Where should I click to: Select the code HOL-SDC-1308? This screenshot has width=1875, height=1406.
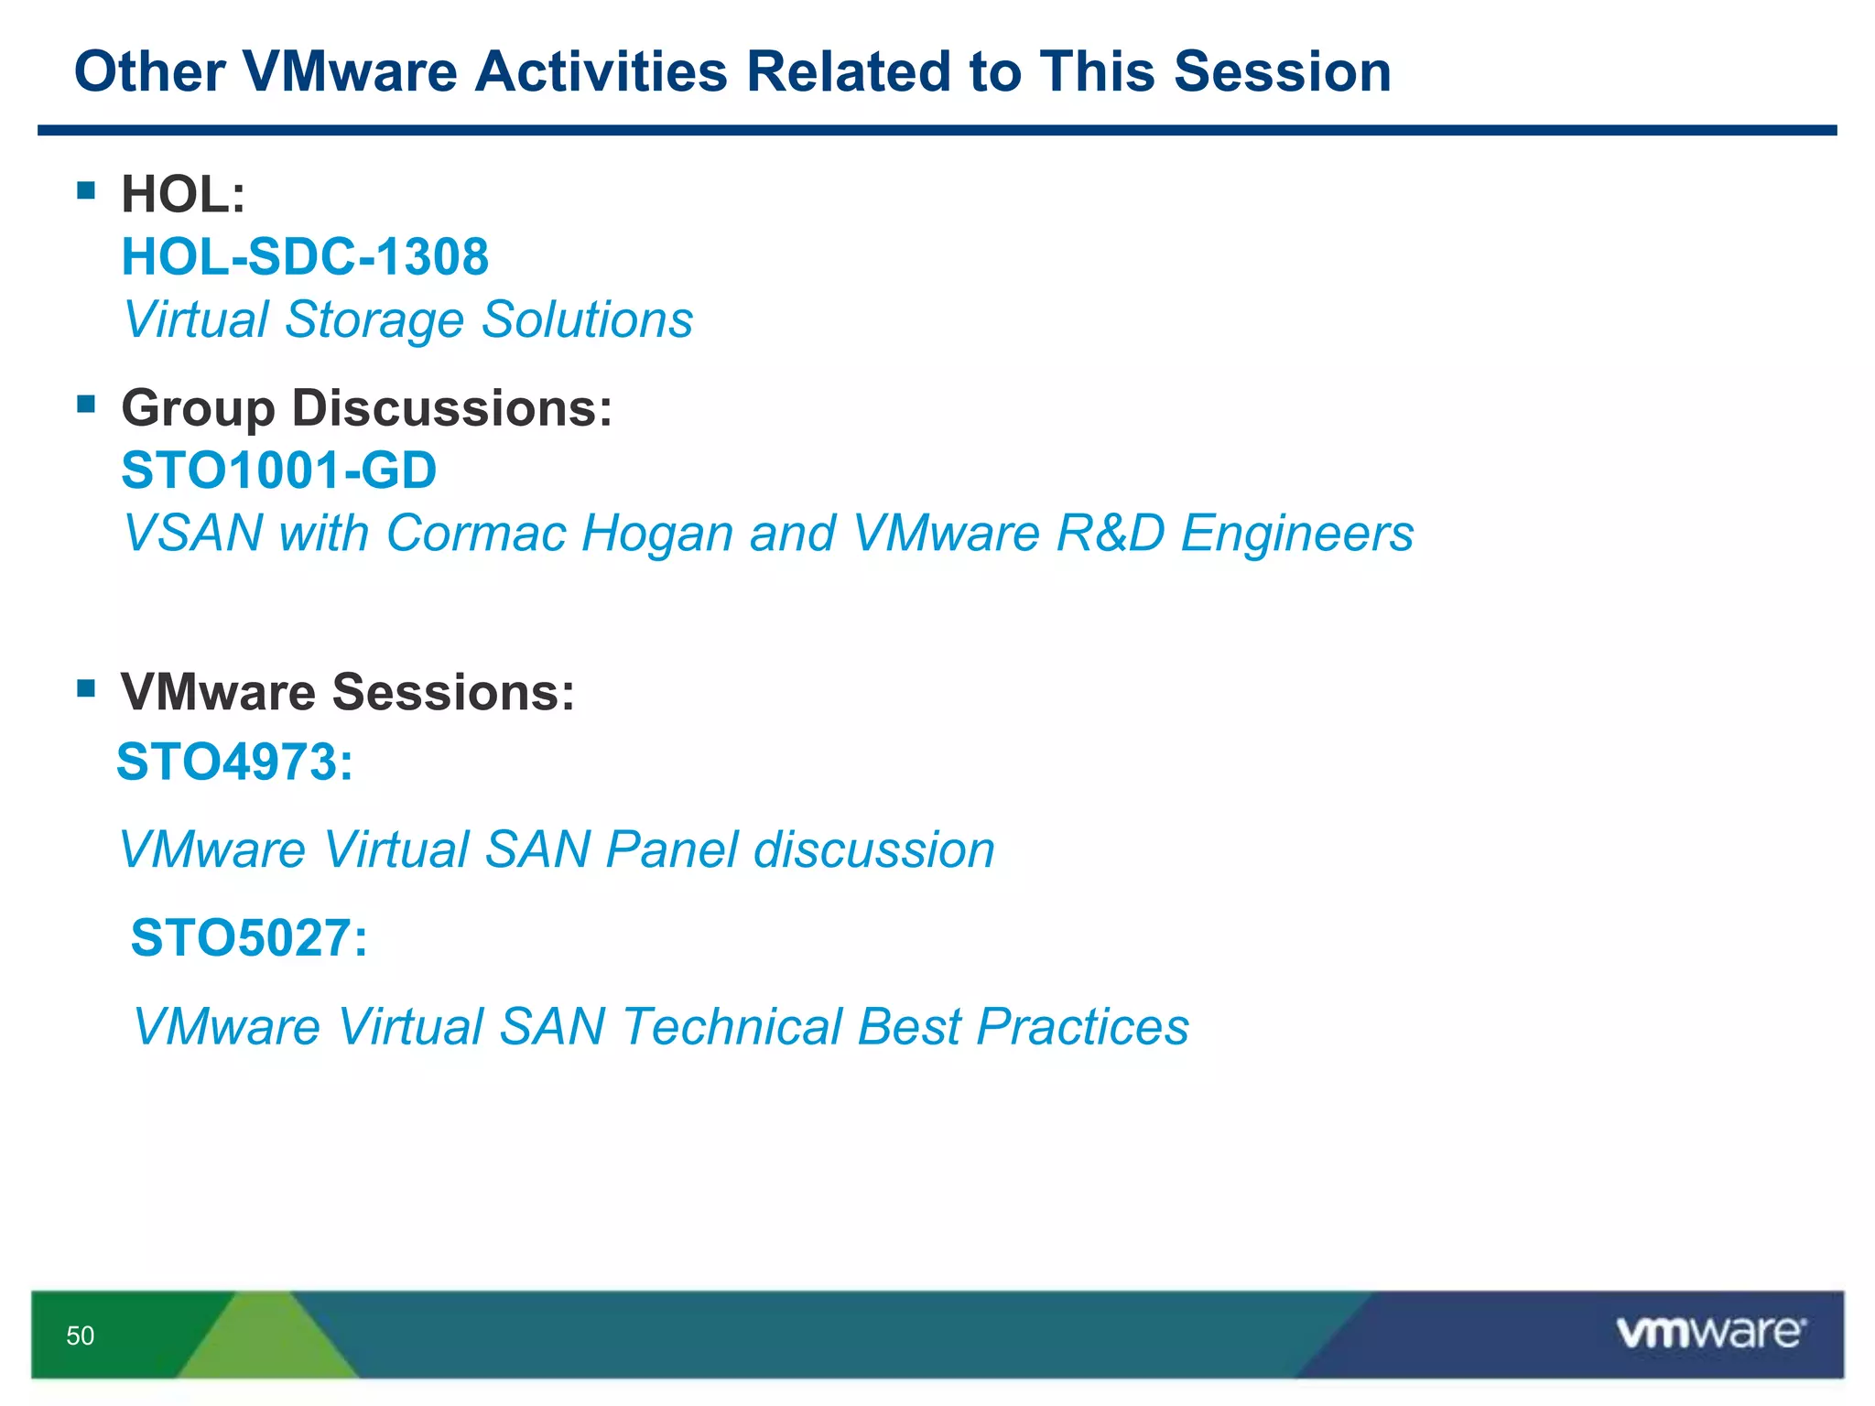pos(305,256)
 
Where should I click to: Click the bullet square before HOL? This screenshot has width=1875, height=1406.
pos(87,190)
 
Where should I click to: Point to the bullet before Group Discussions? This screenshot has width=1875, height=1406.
pos(87,404)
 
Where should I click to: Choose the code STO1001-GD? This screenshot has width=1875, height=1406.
pos(279,470)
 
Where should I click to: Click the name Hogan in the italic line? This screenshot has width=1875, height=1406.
pos(656,533)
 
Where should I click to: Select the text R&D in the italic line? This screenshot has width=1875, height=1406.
pos(1110,533)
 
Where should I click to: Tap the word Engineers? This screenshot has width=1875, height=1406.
pos(1296,533)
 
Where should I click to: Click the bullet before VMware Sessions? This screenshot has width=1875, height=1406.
pos(87,687)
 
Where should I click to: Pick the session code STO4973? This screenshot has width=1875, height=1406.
pos(234,762)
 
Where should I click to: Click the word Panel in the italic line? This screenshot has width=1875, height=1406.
pos(671,849)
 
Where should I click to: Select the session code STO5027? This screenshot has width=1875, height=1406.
pos(248,938)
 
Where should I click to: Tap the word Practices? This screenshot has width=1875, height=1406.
pos(1082,1026)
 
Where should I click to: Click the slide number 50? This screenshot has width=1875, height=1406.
pos(80,1336)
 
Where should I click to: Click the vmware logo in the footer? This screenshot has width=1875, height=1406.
pos(1710,1332)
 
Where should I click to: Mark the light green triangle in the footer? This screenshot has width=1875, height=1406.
pos(266,1341)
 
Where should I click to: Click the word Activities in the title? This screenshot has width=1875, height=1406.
pos(602,71)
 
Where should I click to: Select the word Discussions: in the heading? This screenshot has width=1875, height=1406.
pos(451,408)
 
